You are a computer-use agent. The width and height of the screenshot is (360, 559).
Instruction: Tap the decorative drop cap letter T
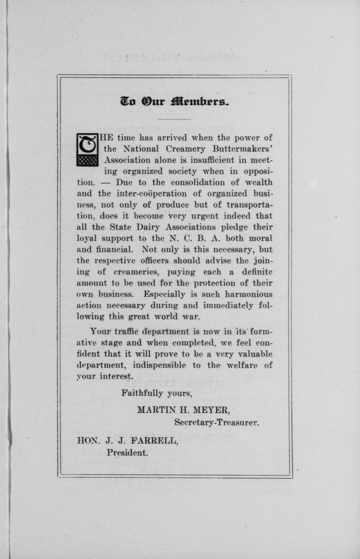point(87,149)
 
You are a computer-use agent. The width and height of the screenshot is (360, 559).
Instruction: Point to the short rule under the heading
point(174,119)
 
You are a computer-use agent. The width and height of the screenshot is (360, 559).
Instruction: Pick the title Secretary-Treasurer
point(217,422)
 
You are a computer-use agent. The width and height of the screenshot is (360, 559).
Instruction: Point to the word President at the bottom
point(127,452)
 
